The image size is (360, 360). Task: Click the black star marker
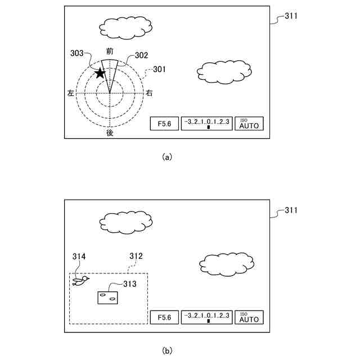click(100, 73)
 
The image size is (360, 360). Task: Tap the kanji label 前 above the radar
click(110, 51)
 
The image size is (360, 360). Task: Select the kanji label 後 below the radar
click(110, 133)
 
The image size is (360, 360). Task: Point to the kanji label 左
click(70, 93)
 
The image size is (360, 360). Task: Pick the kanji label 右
click(149, 93)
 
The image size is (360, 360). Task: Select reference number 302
click(141, 56)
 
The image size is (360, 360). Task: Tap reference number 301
click(160, 70)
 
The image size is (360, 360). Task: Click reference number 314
click(79, 256)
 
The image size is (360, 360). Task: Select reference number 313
click(129, 284)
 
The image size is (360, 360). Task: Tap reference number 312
click(136, 256)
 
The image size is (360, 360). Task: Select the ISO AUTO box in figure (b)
click(249, 317)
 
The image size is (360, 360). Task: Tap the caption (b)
click(166, 350)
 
